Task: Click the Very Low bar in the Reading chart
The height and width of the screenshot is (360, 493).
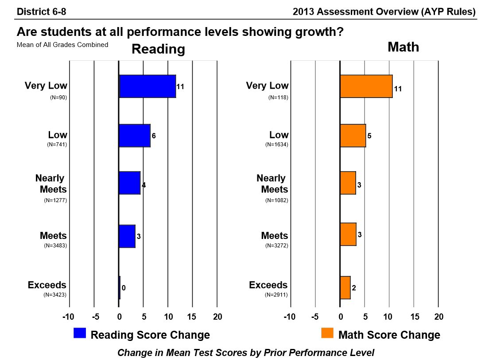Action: coord(148,86)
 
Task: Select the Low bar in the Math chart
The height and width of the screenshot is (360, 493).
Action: coord(353,135)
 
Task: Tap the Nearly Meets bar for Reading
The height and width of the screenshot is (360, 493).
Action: coord(129,183)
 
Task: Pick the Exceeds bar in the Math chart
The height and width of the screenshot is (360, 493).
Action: coord(345,287)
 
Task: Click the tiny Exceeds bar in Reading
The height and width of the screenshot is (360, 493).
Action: coord(120,287)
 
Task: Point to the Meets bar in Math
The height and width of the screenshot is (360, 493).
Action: coord(348,234)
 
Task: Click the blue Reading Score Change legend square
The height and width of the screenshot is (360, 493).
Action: coord(80,333)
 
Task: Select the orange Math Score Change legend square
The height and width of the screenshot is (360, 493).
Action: coord(327,333)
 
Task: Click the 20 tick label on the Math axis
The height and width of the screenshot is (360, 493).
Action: coord(439,317)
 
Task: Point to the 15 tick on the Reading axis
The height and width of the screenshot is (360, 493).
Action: coord(192,317)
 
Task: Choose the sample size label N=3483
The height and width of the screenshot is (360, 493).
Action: coord(55,245)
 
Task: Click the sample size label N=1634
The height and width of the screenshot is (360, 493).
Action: coord(276,145)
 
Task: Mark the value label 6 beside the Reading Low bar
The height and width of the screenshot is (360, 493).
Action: coord(154,136)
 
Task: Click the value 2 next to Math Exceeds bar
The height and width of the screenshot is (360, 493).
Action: coord(354,288)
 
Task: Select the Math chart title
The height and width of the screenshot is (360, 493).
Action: coord(403,47)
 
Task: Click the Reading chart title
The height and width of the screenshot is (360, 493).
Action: coord(158,49)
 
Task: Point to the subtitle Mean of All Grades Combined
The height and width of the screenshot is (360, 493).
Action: coord(62,44)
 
